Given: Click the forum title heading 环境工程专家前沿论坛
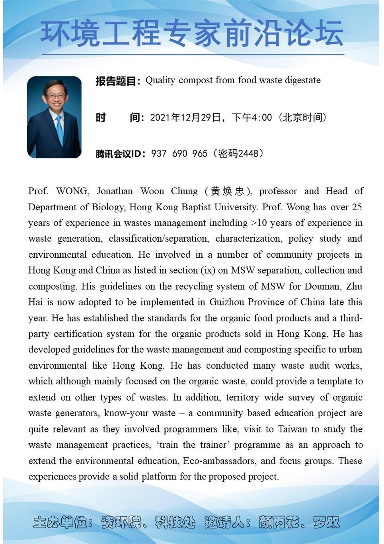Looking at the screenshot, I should point(192,33).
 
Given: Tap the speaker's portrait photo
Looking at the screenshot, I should point(54,117).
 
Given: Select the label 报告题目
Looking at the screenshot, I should point(116,81).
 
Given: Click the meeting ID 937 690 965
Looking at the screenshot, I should point(179,153).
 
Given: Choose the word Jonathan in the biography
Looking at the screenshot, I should point(115,191).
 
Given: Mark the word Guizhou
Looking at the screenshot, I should point(227,302).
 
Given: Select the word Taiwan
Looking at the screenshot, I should point(292,429).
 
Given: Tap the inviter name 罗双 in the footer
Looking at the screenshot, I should point(326,522).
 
